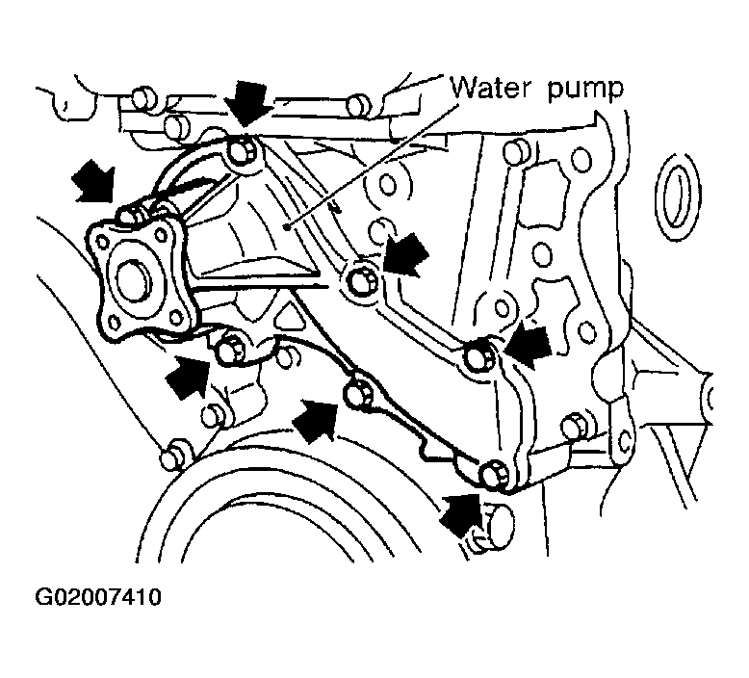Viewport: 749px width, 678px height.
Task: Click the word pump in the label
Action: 585,91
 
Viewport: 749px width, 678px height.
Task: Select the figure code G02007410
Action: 98,598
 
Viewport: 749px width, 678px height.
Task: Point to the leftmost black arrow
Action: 93,182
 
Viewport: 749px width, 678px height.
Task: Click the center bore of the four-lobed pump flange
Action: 133,280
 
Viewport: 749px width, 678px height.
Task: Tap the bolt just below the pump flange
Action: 230,348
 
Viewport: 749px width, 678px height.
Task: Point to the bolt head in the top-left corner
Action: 143,98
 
